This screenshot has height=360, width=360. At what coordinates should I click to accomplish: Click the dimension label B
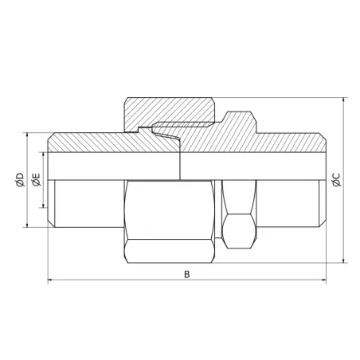click(186, 273)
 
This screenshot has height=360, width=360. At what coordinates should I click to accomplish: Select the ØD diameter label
click(18, 181)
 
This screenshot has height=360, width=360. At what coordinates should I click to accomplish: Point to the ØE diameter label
click(34, 181)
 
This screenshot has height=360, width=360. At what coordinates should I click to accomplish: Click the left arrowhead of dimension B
click(52, 280)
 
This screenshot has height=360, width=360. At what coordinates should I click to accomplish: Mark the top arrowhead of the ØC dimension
click(343, 100)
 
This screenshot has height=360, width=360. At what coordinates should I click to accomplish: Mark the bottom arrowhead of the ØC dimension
click(343, 260)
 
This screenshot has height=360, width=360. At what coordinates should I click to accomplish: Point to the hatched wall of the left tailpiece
click(88, 141)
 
